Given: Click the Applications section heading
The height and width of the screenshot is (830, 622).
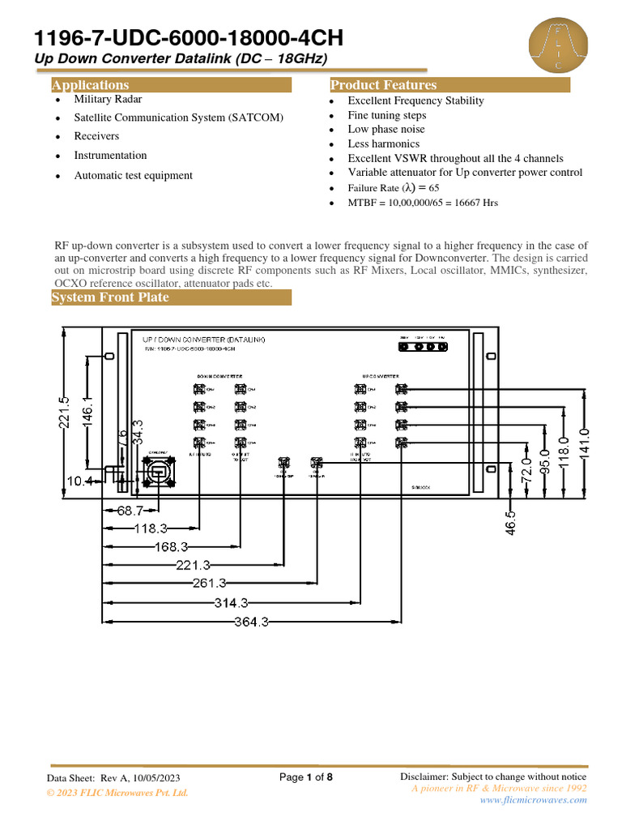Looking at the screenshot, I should [x=90, y=85].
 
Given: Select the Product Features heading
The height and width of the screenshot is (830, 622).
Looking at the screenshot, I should [x=383, y=85].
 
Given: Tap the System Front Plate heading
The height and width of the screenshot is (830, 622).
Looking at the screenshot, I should [x=110, y=297].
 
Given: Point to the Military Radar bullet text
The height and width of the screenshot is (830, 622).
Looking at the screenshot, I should [x=108, y=99].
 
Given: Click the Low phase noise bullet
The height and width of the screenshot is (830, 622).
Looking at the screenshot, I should [x=387, y=130].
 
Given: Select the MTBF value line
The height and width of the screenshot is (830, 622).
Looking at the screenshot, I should [x=423, y=203].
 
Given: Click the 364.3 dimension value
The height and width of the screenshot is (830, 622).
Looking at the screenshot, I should [x=251, y=622].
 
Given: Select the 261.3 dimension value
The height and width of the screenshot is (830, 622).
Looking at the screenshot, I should [x=210, y=584].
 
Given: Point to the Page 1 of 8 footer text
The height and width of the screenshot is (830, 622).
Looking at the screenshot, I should [x=306, y=777].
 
